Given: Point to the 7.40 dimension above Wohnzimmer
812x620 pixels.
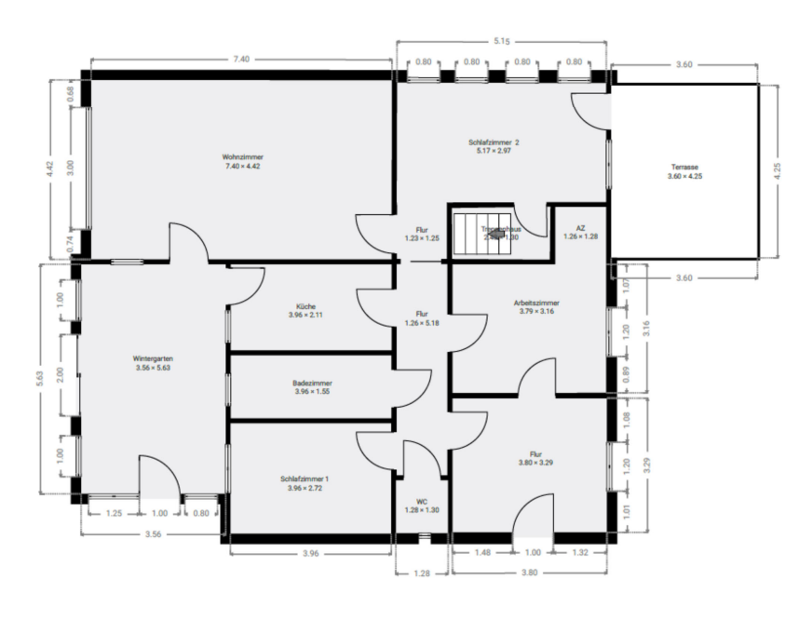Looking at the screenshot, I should pos(240,60).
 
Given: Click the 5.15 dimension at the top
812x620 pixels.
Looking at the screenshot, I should pos(504,42).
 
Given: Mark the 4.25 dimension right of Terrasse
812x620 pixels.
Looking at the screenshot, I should pos(778,170).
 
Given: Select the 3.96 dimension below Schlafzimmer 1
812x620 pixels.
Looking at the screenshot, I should pos(311,554).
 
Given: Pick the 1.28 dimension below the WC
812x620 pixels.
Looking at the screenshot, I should pos(422,573).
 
